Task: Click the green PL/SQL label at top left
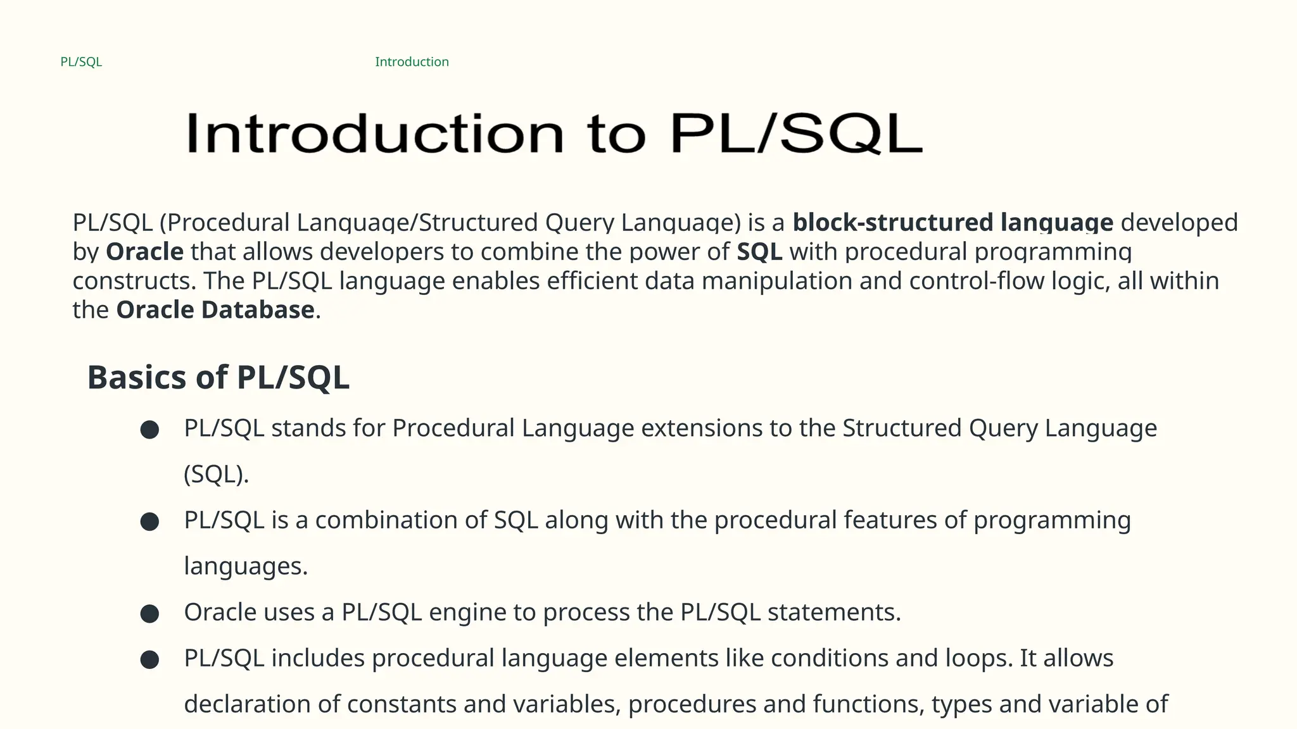tap(81, 62)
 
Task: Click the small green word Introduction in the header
tap(412, 62)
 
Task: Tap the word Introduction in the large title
tap(374, 134)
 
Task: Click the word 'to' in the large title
tap(616, 134)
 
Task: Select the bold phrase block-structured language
tap(952, 223)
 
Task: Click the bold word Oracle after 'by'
tap(144, 252)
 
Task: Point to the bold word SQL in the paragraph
tap(759, 252)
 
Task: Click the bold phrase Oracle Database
tap(215, 310)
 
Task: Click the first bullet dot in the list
tap(149, 430)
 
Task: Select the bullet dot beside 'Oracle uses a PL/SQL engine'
tap(149, 614)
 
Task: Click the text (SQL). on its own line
tap(216, 475)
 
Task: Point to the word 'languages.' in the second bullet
tap(246, 566)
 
